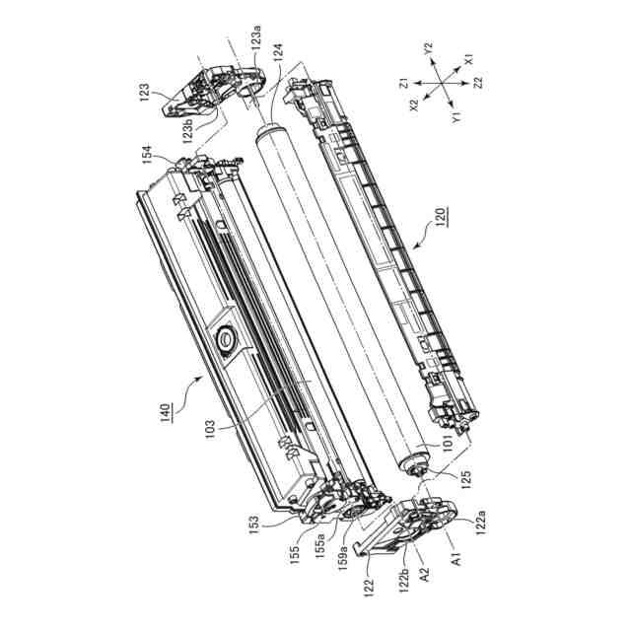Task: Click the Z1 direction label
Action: (404, 85)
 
